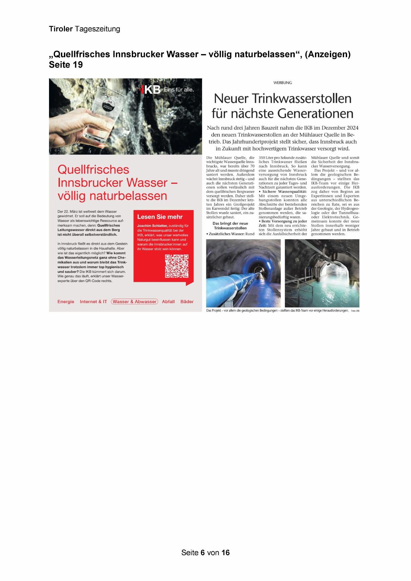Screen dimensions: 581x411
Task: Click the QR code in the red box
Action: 177,266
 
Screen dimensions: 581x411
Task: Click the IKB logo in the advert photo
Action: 151,89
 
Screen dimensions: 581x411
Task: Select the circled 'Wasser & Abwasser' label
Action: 134,301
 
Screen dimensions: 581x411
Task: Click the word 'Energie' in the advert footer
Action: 66,301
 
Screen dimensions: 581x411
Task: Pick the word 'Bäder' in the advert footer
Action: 187,301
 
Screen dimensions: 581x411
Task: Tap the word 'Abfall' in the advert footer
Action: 168,301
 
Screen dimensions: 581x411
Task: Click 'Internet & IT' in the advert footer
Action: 93,301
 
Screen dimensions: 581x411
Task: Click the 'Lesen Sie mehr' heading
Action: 160,217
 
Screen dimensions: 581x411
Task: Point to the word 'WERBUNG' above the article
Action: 283,83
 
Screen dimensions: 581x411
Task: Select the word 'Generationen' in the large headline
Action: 315,114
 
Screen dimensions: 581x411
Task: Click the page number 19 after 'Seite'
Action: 78,65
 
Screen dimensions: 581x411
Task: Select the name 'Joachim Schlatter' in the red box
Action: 152,226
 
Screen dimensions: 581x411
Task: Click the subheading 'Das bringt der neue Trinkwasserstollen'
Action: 230,226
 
